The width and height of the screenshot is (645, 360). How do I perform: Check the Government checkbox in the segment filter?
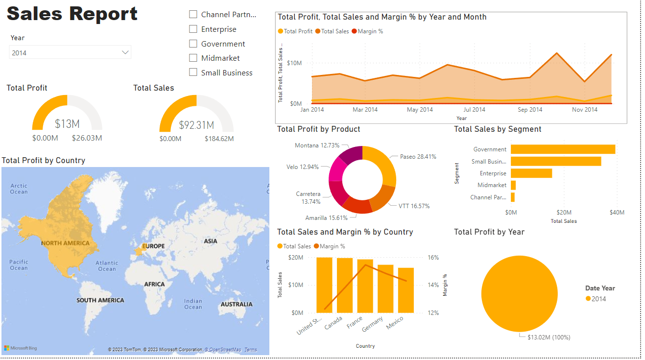(x=193, y=44)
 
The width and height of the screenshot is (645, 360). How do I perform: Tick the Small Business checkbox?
(x=193, y=72)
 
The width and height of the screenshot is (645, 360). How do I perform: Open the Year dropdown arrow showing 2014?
(x=125, y=52)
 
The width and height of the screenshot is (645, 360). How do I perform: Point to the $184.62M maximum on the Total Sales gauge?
(x=219, y=139)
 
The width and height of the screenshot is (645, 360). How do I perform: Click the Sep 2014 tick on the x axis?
(x=529, y=109)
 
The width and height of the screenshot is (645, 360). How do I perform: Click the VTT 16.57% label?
(x=414, y=206)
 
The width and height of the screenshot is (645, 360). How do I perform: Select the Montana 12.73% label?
(x=317, y=145)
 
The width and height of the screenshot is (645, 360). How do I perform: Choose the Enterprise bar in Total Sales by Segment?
(x=531, y=173)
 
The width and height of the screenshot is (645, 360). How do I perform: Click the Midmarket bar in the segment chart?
(x=513, y=185)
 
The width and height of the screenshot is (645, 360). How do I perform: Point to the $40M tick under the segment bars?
(x=617, y=213)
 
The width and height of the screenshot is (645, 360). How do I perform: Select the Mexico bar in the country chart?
(x=406, y=290)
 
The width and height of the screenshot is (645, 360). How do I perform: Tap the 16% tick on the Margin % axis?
(x=433, y=257)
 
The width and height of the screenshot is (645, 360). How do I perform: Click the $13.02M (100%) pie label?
(x=549, y=337)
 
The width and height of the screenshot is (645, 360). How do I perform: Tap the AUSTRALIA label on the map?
(x=237, y=304)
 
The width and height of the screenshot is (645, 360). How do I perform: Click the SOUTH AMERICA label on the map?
(x=100, y=300)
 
